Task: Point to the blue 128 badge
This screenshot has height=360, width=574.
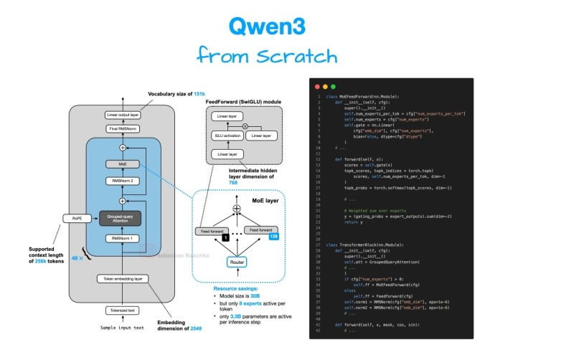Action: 273,236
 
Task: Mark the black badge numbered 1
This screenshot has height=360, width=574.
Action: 226,236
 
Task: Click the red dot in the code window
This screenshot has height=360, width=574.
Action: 314,86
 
